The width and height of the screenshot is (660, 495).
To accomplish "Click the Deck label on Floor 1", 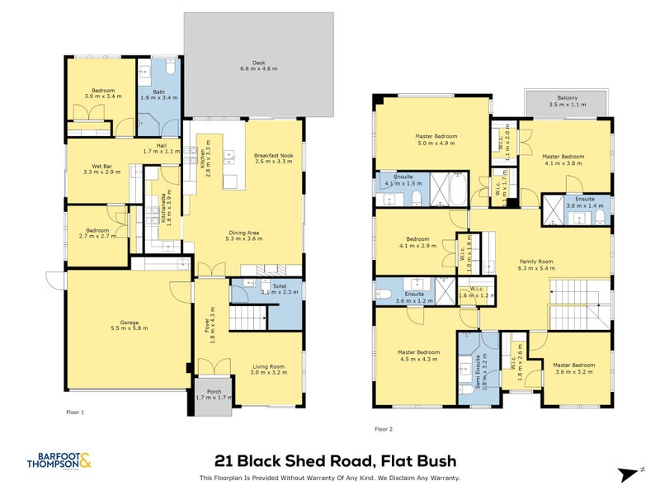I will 258,65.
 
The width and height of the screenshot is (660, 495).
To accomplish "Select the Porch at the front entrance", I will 214,394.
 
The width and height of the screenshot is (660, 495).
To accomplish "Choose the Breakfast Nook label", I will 271,158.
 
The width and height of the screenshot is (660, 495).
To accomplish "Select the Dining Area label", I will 244,237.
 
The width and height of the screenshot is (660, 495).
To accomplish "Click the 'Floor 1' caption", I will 75,412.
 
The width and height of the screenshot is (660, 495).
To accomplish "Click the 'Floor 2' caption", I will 384,429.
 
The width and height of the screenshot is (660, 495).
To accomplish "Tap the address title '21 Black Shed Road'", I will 335,461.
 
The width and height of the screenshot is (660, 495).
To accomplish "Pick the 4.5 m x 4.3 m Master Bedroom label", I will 418,356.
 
